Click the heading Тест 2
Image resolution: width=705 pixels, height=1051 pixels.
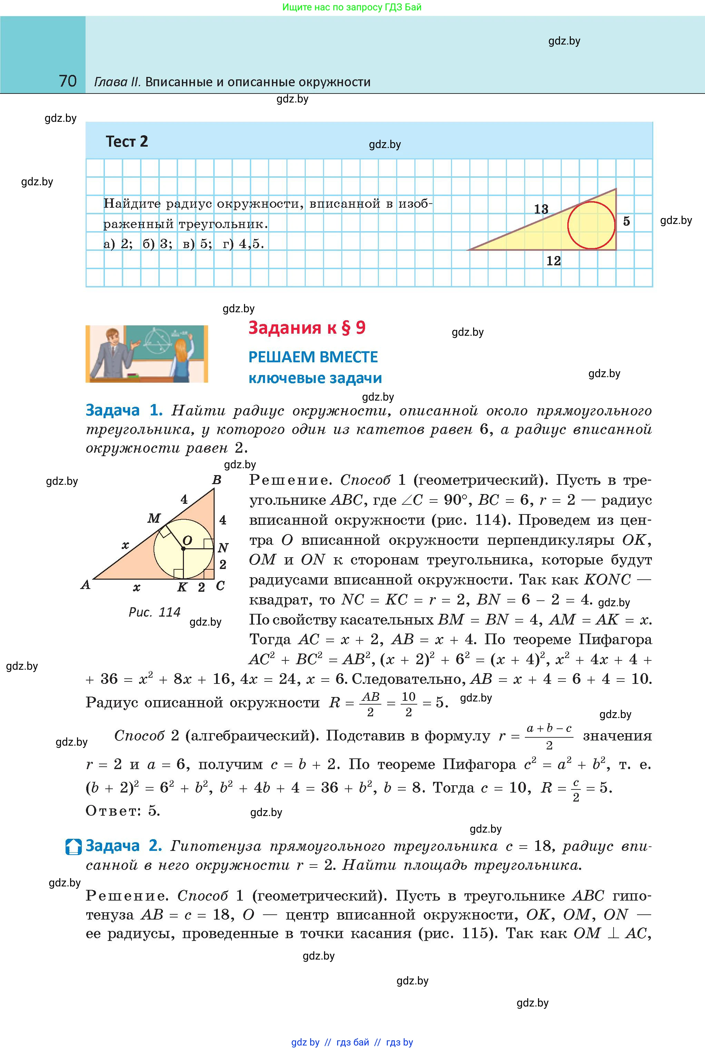[x=127, y=141]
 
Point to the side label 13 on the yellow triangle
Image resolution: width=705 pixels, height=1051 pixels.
[x=541, y=209]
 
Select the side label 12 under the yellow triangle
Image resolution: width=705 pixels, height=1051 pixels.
[x=553, y=261]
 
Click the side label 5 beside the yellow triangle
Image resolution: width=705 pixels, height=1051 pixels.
[x=626, y=221]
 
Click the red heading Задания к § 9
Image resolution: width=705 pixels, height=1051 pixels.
[x=307, y=328]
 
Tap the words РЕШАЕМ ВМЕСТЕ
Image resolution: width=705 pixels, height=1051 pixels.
[x=313, y=357]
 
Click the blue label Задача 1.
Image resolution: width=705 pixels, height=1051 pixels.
[x=124, y=410]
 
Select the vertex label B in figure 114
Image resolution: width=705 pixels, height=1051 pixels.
[x=217, y=480]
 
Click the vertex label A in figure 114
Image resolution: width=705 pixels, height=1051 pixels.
[x=86, y=585]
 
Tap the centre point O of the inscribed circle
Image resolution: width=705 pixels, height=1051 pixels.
[x=184, y=548]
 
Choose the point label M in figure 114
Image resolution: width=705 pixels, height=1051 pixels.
[x=154, y=518]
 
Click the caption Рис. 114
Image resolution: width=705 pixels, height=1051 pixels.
[x=154, y=612]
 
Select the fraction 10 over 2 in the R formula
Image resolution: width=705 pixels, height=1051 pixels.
[x=408, y=704]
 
